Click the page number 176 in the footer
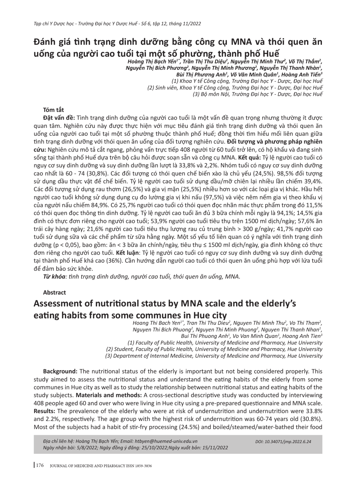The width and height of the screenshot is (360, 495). [x=40, y=466]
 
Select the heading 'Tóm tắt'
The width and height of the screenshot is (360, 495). [x=54, y=110]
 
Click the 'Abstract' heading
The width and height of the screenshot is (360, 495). [x=54, y=292]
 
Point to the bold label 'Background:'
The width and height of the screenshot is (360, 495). [x=60, y=371]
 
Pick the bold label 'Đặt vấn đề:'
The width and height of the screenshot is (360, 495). [x=59, y=118]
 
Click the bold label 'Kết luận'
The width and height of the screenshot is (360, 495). [x=125, y=253]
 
